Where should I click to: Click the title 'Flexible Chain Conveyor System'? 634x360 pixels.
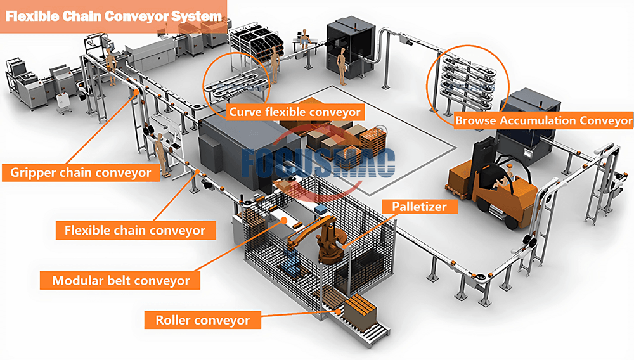(114, 18)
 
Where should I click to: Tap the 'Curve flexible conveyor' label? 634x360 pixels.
(295, 112)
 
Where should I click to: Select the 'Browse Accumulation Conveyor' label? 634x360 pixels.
(543, 120)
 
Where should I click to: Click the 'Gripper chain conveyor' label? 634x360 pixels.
(81, 172)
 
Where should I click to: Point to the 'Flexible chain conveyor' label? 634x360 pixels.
(135, 230)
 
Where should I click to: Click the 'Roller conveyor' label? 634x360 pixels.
(203, 320)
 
